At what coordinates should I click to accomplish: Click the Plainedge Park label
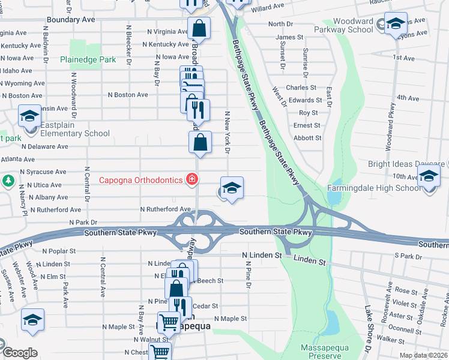[x=88, y=60]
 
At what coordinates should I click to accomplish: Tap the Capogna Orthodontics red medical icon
[x=191, y=179]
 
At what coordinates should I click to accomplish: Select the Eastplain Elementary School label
[x=67, y=134]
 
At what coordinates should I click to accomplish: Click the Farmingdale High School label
[x=374, y=188]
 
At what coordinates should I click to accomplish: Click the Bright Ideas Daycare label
[x=406, y=164]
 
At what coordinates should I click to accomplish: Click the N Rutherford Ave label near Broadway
[x=165, y=209]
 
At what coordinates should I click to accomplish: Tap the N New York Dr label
[x=228, y=132]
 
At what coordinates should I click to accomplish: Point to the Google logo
[x=20, y=353]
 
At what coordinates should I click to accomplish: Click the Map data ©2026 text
[x=424, y=355]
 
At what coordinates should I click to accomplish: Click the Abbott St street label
[x=307, y=138]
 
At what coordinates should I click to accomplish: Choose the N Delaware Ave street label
[x=44, y=146]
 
